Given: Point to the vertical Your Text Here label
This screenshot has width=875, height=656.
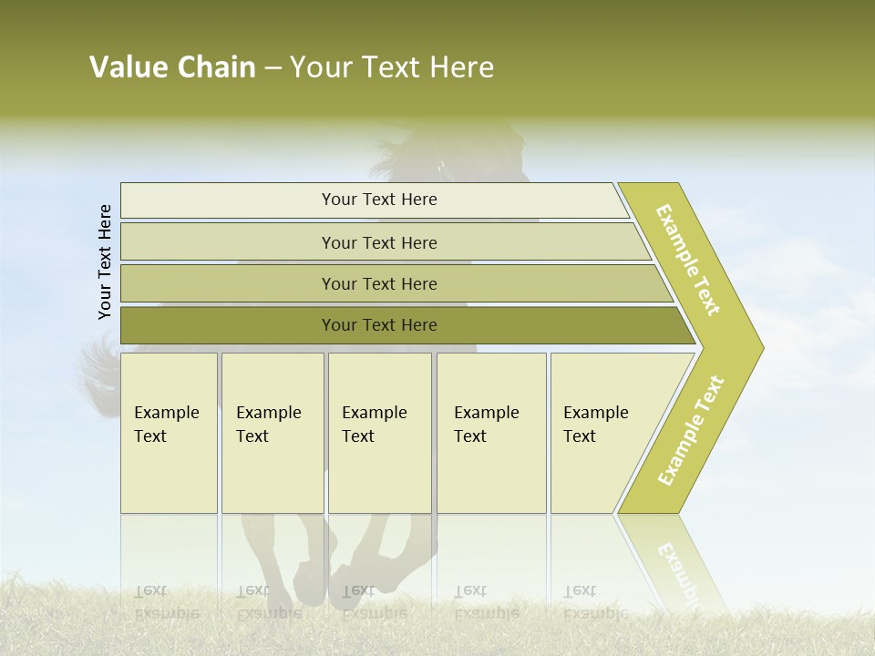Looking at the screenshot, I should (105, 261).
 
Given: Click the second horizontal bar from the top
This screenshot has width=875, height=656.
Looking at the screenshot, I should (378, 242).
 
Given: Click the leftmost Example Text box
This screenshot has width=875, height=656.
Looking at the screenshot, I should (169, 433).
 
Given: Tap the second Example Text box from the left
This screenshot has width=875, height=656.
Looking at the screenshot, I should (273, 433).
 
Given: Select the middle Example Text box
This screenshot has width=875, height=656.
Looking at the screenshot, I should (379, 433).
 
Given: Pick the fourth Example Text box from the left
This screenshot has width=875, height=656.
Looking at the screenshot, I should (491, 433).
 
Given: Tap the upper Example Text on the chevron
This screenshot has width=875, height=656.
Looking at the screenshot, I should (688, 260).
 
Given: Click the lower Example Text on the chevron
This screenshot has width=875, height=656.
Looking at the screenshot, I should (691, 430).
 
